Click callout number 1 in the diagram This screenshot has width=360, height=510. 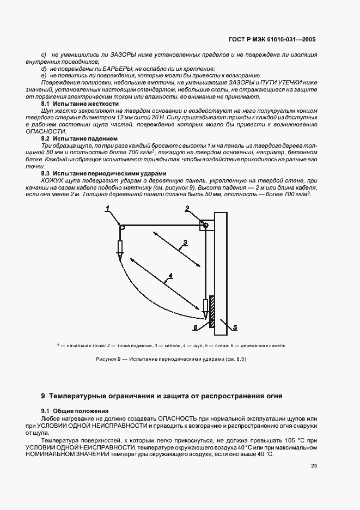click(108, 208)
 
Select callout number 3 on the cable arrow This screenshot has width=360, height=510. click(185, 242)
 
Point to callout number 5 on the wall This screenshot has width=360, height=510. click(235, 327)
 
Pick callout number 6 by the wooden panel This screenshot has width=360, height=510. click(196, 327)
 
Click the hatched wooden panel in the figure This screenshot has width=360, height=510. click(212, 313)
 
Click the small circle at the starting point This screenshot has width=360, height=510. click(122, 228)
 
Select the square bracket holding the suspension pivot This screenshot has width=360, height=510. click(204, 224)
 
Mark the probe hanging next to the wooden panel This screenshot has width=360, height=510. click(205, 308)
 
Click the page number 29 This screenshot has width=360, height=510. click(314, 465)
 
